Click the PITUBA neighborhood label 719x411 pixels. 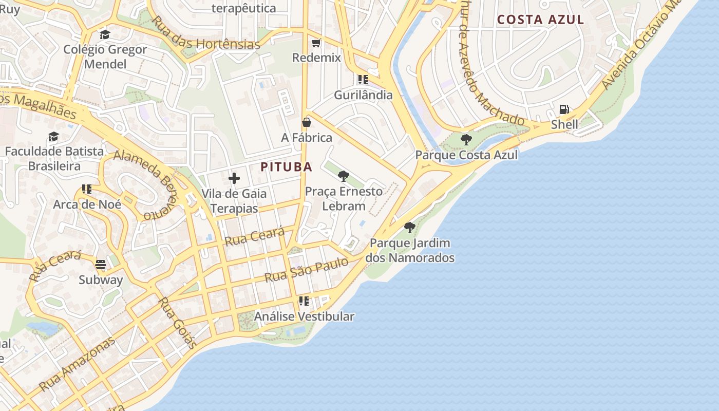[x=286, y=167]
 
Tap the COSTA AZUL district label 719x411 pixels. [x=540, y=20]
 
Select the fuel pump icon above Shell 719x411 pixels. [x=564, y=109]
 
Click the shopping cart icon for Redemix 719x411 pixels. [x=316, y=43]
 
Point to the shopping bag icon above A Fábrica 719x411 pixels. [x=307, y=122]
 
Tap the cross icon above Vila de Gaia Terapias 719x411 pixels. [x=234, y=178]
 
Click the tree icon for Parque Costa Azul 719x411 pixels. [x=466, y=139]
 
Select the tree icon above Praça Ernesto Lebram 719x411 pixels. [x=344, y=176]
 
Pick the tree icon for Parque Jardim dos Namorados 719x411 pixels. [x=409, y=227]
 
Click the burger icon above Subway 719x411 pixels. [x=101, y=265]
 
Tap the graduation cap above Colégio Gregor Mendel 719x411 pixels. [x=105, y=34]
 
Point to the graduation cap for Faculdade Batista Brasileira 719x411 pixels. [x=54, y=136]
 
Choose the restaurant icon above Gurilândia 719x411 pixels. [x=363, y=80]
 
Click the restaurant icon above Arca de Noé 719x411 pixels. [x=87, y=189]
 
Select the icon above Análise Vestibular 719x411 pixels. [x=304, y=301]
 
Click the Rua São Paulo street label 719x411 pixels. [x=306, y=270]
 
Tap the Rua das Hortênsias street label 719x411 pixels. [x=206, y=34]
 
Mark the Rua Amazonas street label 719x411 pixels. [x=77, y=363]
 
